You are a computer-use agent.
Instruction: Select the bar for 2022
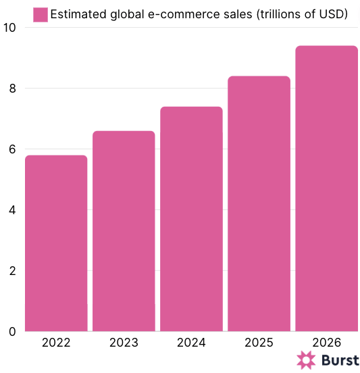coord(56,243)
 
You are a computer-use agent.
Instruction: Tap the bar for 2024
coord(191,219)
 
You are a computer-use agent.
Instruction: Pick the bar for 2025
coord(259,203)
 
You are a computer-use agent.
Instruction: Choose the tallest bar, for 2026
coord(326,189)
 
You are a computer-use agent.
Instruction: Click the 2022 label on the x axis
coord(56,343)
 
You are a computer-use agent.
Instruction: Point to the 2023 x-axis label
coord(124,343)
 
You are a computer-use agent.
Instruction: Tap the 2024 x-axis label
coord(191,343)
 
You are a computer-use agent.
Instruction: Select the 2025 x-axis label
coord(259,343)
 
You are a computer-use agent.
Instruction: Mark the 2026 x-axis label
coord(326,343)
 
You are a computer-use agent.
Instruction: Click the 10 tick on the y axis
coord(9,28)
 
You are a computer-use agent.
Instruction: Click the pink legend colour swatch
coord(41,14)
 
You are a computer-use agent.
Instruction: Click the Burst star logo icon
coord(306,360)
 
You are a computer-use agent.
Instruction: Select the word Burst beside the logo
coord(339,360)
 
